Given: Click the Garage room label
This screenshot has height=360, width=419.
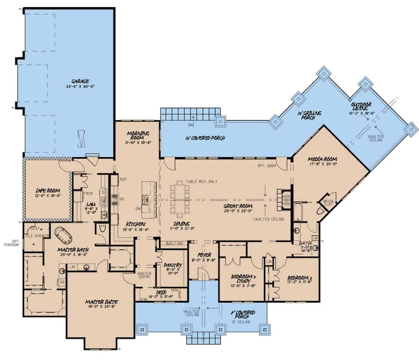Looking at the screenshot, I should [x=80, y=81].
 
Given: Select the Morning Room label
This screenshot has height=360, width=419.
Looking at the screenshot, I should [x=138, y=135].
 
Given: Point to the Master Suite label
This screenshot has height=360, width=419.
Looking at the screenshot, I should [x=101, y=302].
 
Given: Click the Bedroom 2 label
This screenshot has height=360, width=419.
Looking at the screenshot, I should [x=298, y=278].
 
